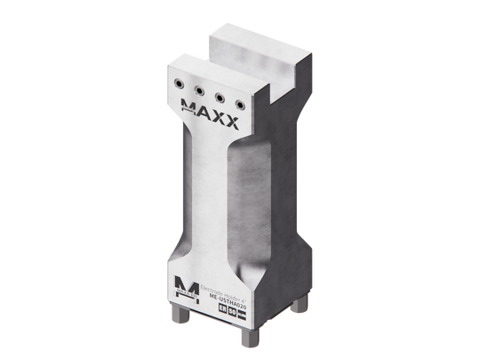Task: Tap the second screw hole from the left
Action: pyautogui.click(x=200, y=87)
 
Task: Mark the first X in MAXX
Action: pyautogui.click(x=220, y=120)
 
